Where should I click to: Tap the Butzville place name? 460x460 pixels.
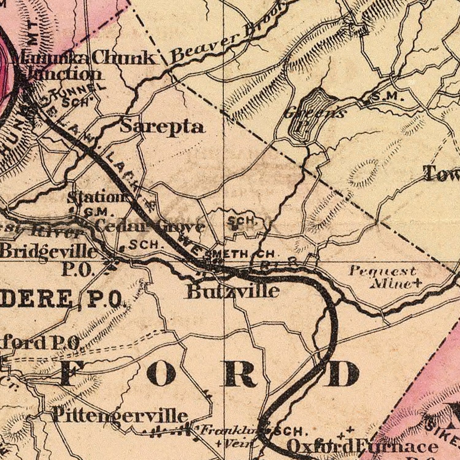point(233,291)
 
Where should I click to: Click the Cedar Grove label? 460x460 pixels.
point(150,227)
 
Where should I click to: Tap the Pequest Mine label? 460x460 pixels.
point(383,278)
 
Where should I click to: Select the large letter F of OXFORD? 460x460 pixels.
point(72,374)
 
